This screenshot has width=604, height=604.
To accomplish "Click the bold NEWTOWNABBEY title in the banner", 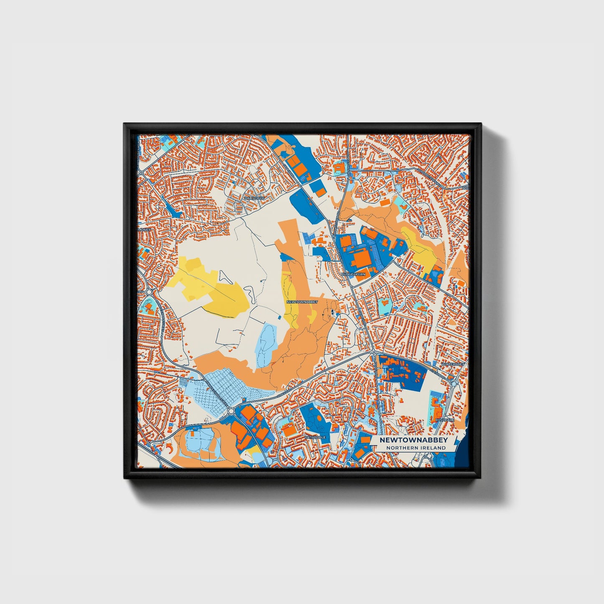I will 413,440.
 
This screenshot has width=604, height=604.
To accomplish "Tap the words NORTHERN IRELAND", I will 416,448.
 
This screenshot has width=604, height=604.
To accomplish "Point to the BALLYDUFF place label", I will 255,198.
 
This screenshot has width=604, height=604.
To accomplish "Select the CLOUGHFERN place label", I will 353,274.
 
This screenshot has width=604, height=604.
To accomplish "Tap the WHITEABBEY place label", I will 453,364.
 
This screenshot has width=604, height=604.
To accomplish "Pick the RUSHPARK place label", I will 444,419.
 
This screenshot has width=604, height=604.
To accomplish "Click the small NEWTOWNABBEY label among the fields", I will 302,301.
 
